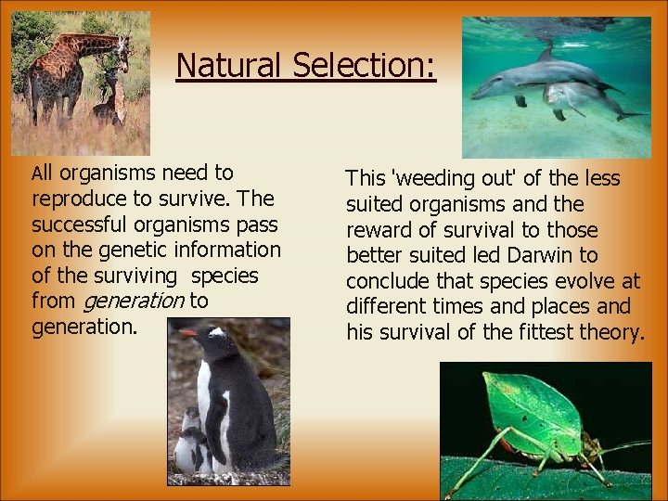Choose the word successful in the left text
click(x=78, y=225)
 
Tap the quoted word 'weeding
click(x=432, y=178)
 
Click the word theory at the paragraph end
click(x=616, y=332)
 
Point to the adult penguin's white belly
click(x=206, y=399)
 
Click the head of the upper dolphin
click(x=487, y=88)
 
